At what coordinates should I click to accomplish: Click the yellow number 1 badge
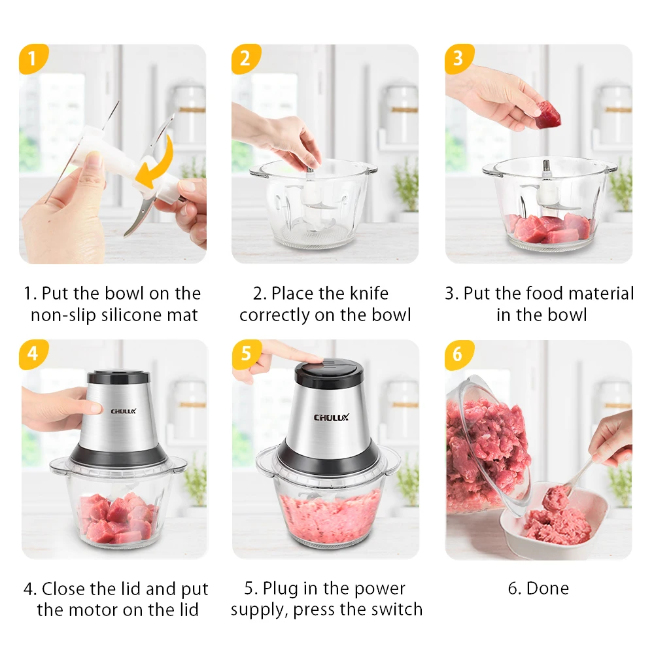tap(33, 58)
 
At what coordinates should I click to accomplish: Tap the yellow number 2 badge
tap(246, 58)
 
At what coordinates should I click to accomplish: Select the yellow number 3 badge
tap(459, 58)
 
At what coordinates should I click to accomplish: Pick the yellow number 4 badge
tap(33, 354)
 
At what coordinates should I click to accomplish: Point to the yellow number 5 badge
tap(246, 354)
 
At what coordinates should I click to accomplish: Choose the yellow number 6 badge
tap(459, 354)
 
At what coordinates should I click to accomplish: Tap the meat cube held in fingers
tap(547, 114)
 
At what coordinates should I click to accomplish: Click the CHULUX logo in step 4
tap(124, 411)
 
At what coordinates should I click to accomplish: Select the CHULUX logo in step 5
tap(331, 417)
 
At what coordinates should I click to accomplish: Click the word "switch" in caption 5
tap(397, 610)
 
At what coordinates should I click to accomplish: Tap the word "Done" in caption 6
tap(547, 589)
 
